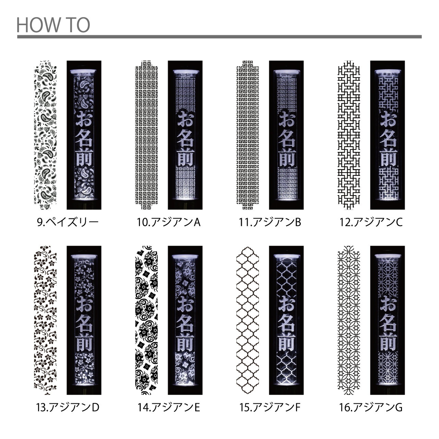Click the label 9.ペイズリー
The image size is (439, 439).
tap(68, 222)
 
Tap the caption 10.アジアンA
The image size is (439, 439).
tap(169, 222)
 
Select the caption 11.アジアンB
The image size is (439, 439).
tap(270, 222)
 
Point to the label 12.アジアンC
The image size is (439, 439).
tap(371, 222)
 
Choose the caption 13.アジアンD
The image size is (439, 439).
tap(68, 407)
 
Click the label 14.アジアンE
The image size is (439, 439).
tap(169, 407)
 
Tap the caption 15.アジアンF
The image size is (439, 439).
tap(270, 407)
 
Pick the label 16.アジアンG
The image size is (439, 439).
tap(371, 407)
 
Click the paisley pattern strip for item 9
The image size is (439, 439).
tap(45, 135)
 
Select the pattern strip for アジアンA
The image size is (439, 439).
tap(146, 135)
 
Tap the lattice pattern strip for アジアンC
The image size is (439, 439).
tap(349, 135)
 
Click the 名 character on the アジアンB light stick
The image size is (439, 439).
tap(287, 139)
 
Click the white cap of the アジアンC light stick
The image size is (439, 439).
tap(388, 71)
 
